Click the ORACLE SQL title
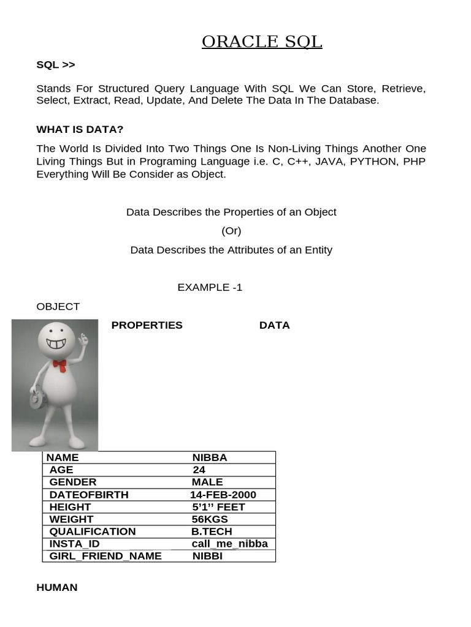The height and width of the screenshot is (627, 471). (262, 42)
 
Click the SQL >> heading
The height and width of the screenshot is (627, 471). (56, 65)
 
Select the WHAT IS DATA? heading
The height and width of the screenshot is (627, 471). (80, 129)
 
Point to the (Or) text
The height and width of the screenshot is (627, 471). (231, 231)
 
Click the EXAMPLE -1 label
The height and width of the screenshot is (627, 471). (210, 287)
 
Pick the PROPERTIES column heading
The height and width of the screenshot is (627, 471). (147, 325)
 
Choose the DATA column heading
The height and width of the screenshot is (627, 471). (274, 325)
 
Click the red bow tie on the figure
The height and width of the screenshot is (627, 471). (59, 365)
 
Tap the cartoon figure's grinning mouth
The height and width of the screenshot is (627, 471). (56, 343)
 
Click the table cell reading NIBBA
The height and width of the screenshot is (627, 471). (210, 457)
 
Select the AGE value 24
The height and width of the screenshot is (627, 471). (199, 470)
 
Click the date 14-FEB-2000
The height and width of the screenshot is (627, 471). (223, 495)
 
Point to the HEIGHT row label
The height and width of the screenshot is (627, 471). (70, 507)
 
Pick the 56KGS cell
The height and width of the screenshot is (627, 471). (209, 519)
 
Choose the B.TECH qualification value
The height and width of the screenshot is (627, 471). (212, 531)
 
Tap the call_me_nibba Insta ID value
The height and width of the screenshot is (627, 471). (229, 544)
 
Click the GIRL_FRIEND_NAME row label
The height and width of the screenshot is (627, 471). (105, 556)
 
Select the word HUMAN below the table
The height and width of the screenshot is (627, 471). (57, 587)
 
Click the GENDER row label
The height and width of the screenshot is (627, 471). (73, 482)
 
